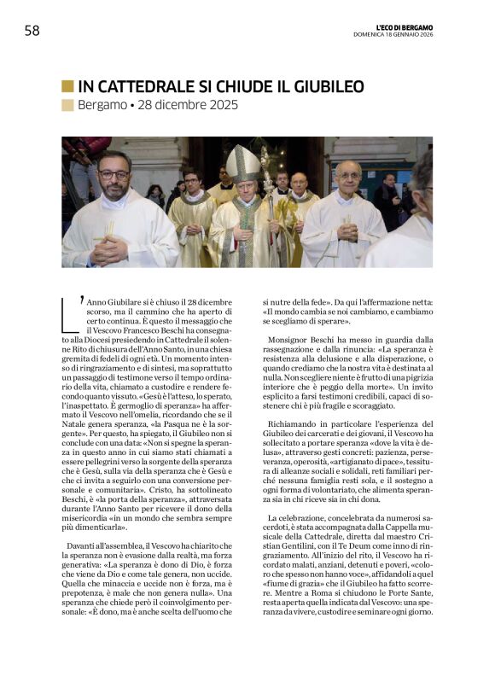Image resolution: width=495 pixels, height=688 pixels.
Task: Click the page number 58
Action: pos(32,31)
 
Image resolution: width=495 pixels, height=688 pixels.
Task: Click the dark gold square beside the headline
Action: pos(67,86)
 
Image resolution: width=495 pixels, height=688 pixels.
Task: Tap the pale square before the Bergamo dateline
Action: pos(67,106)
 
